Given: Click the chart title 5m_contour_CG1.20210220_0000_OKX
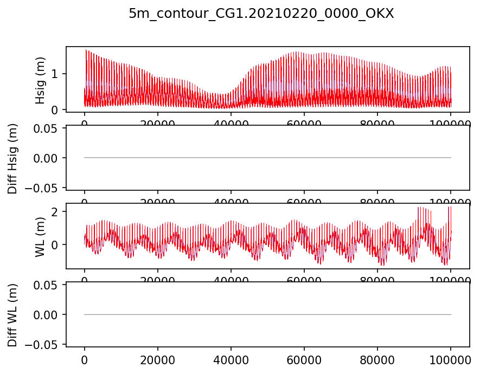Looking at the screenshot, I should pos(261,14).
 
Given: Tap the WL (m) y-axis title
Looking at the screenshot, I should pos(40,236).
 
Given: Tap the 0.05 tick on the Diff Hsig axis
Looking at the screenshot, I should pos(46,128).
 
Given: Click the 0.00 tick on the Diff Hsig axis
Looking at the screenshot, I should pos(46,158).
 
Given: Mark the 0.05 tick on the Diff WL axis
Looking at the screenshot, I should pos(46,285).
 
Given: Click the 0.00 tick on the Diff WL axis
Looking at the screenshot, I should pos(46,314).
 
